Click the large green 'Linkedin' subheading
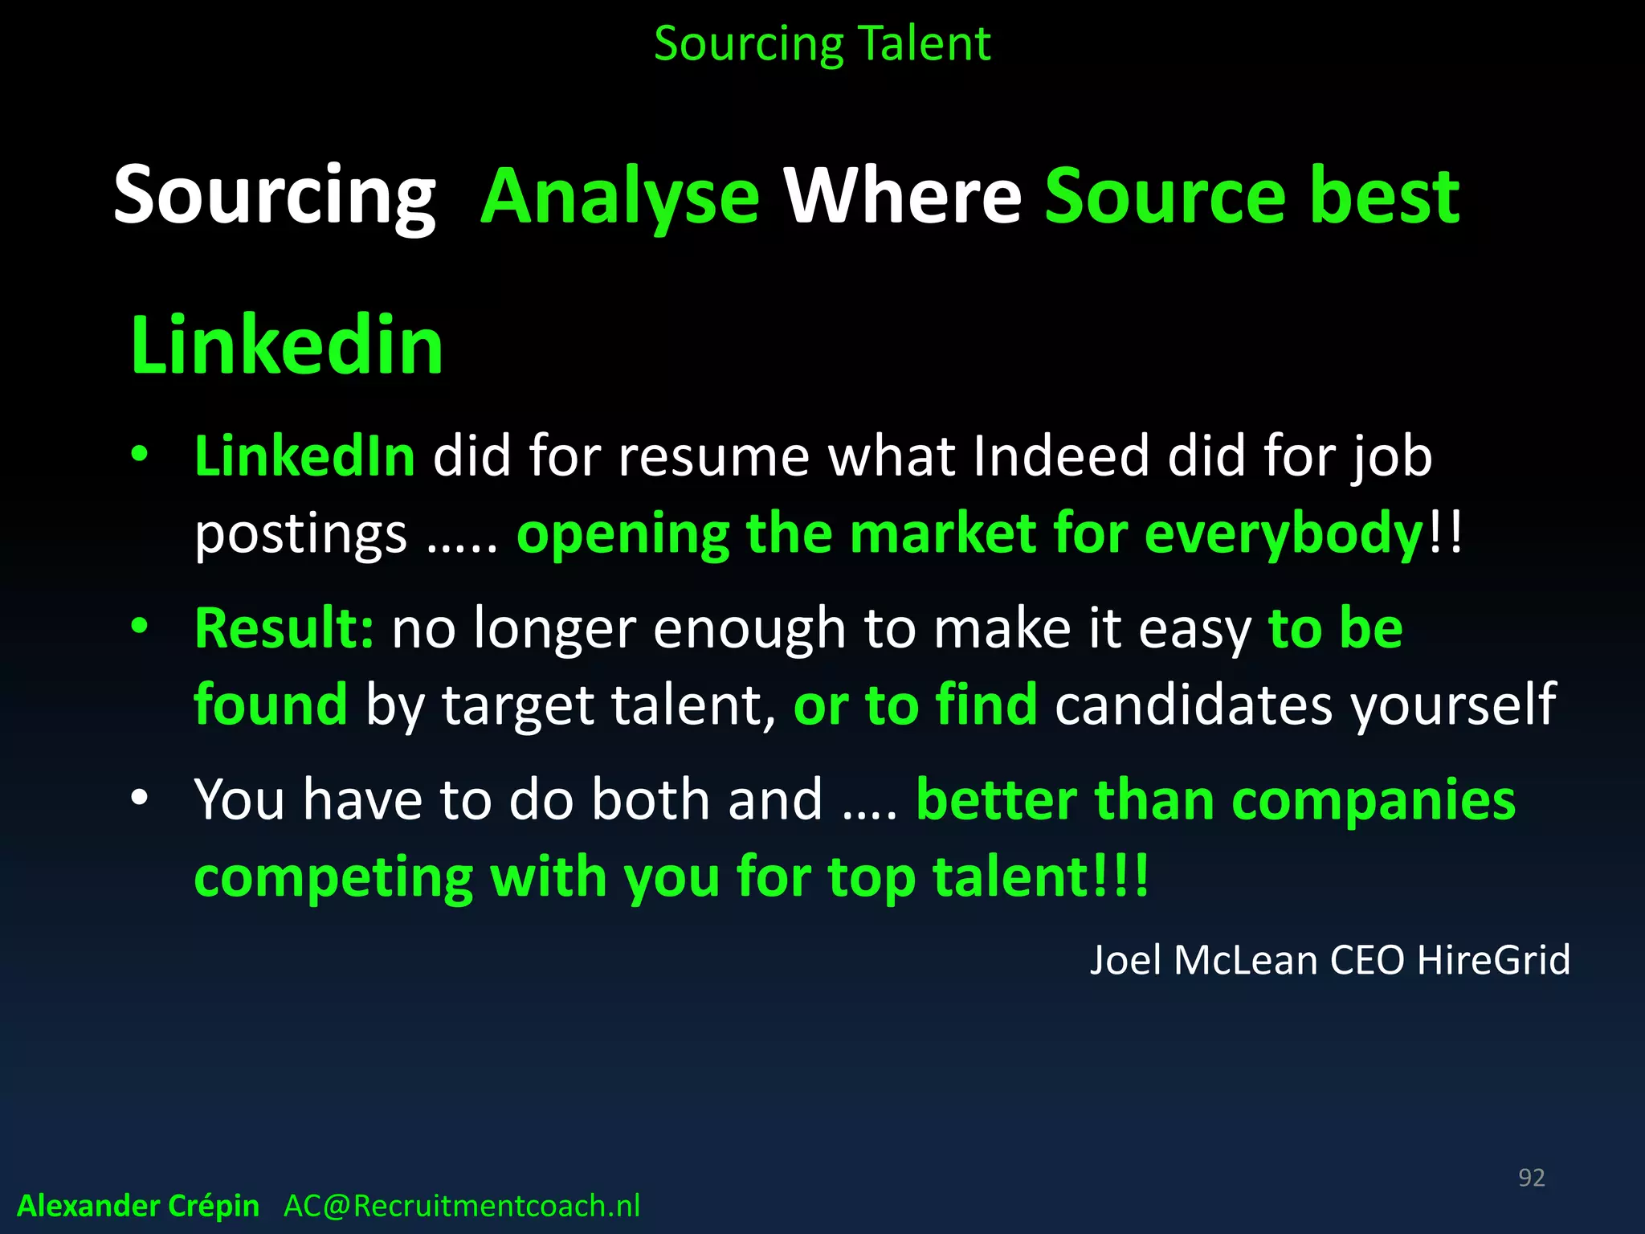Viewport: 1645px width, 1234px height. [287, 345]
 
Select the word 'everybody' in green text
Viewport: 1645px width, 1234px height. [1283, 533]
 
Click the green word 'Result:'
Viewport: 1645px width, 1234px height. [284, 627]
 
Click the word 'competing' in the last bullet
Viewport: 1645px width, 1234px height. [333, 877]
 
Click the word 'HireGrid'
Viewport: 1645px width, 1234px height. [1493, 960]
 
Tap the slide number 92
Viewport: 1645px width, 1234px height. [1531, 1177]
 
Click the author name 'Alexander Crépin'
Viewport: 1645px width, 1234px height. [138, 1206]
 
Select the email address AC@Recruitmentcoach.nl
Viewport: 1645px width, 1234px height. [462, 1206]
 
